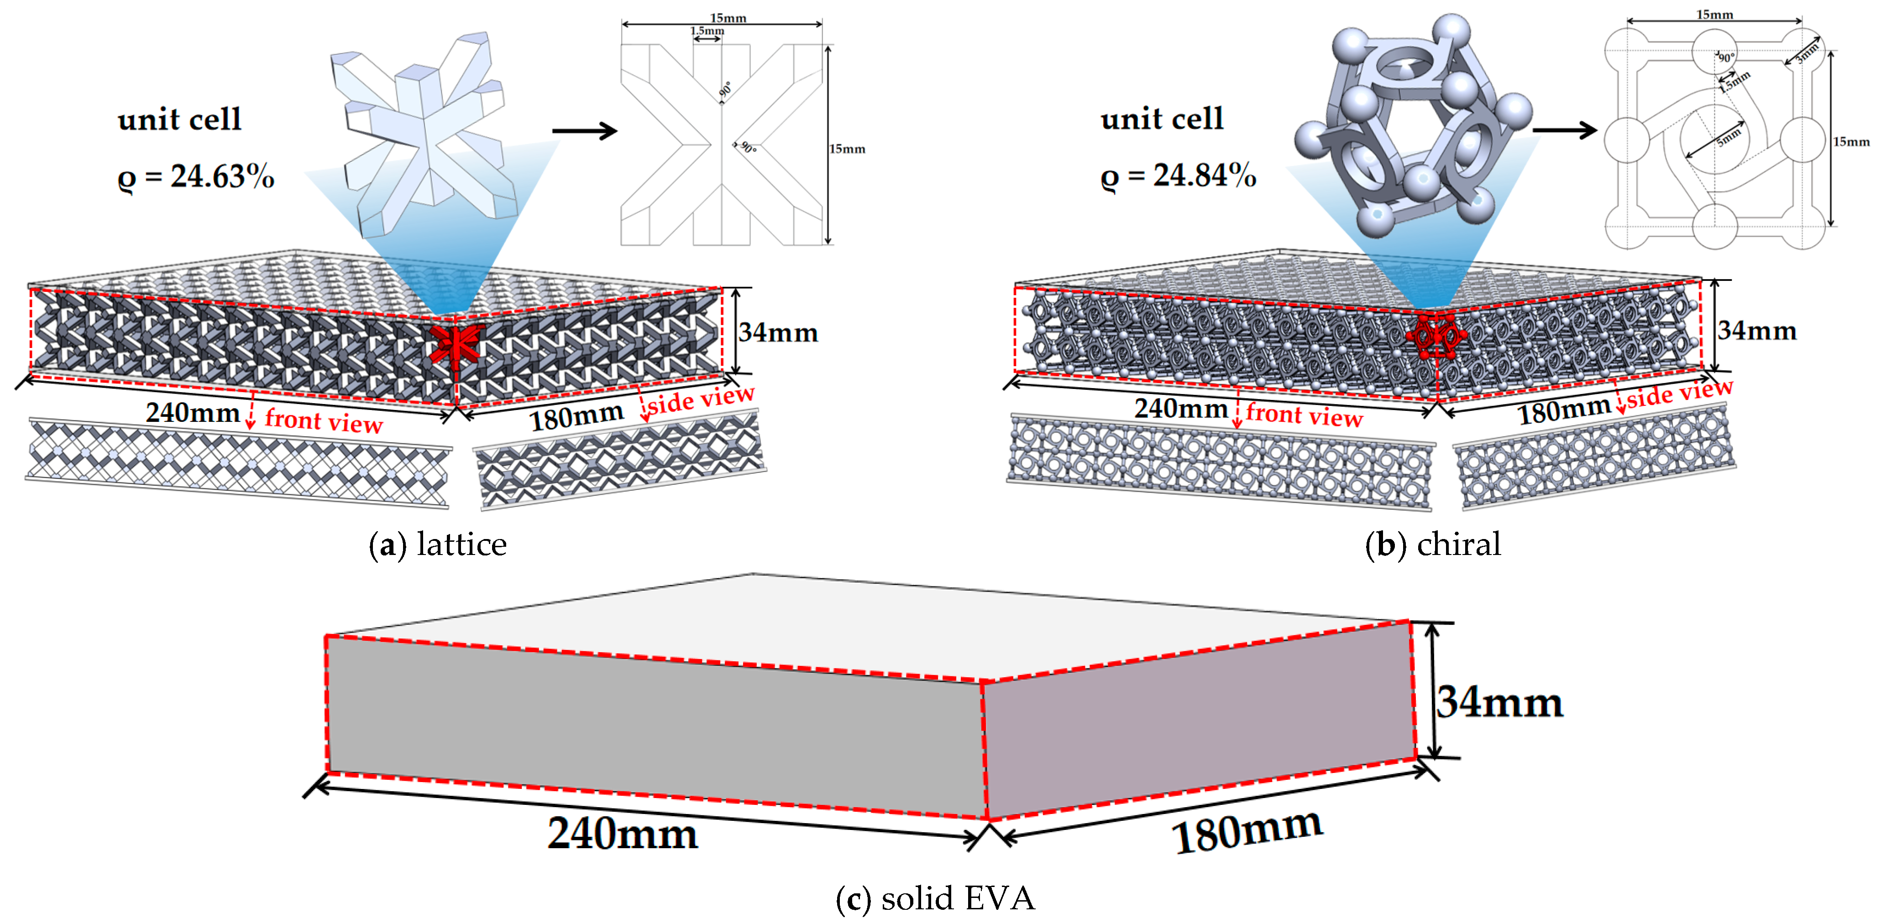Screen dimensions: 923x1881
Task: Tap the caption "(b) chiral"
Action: tap(1433, 545)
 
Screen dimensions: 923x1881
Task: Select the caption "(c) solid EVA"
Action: tap(935, 899)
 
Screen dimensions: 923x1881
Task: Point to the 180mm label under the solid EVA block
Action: tap(1247, 832)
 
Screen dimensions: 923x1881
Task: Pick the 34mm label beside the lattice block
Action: tap(778, 333)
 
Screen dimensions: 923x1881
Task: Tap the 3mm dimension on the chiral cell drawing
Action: tap(1807, 52)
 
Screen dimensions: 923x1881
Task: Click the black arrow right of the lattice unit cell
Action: tap(584, 131)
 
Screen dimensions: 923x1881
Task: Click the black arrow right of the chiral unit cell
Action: tap(1564, 131)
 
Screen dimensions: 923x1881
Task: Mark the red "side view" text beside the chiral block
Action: tap(1679, 394)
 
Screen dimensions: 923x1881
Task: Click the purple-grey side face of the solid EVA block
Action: tap(1198, 719)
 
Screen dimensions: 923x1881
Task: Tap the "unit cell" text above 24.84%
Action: tap(1162, 119)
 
